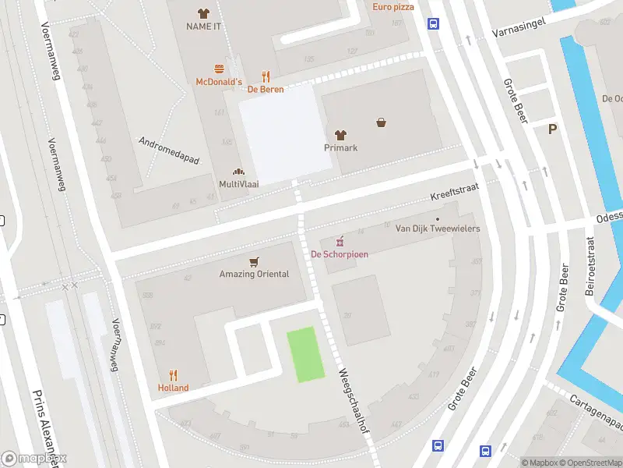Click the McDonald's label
point(219,82)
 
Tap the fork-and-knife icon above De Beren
point(266,76)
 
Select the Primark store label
point(340,147)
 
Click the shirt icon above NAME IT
point(204,13)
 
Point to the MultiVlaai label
point(238,183)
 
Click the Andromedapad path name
point(169,151)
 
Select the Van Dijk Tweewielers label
point(437,229)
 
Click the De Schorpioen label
point(340,253)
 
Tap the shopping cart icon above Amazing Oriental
point(253,262)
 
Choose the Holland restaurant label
point(173,388)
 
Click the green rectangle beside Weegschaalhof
point(306,354)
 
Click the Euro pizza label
point(393,7)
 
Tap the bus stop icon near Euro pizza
point(432,24)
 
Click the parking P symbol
point(553,129)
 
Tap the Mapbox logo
point(34,458)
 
